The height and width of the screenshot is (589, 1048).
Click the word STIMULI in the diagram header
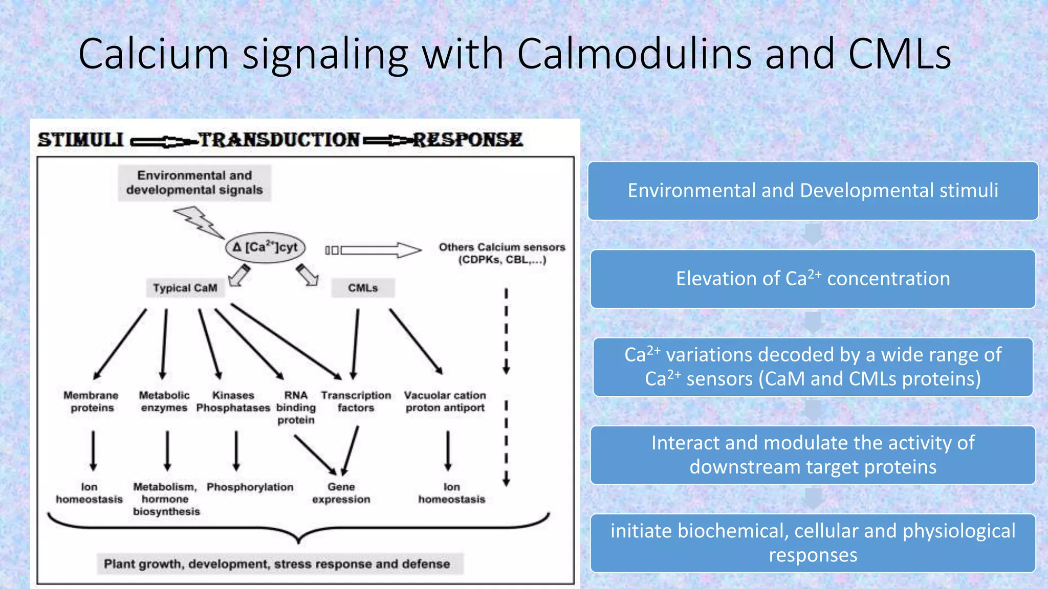click(x=81, y=140)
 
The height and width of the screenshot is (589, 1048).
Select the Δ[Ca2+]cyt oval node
click(x=265, y=247)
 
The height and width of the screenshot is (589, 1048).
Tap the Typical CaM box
click(x=185, y=288)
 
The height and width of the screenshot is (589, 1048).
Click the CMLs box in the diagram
click(x=363, y=288)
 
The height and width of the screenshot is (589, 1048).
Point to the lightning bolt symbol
click(x=198, y=221)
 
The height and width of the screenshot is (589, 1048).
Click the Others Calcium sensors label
click(x=501, y=253)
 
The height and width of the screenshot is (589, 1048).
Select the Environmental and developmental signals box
click(x=194, y=183)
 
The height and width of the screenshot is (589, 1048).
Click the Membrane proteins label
click(x=91, y=401)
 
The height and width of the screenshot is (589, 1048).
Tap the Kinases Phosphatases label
click(x=233, y=401)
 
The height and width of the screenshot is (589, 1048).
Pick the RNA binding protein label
click(x=296, y=407)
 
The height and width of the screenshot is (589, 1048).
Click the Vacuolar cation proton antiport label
click(x=445, y=401)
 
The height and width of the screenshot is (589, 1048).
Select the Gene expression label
click(x=341, y=493)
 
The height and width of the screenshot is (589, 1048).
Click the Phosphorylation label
click(x=250, y=487)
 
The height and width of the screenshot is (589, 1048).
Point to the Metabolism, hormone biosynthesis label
click(x=166, y=499)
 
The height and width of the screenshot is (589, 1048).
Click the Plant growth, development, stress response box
click(x=277, y=563)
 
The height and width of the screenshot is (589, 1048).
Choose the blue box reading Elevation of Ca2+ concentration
click(x=813, y=279)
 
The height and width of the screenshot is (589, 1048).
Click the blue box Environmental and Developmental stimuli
click(x=813, y=191)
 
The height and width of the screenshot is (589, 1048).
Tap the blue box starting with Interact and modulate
click(x=813, y=455)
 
